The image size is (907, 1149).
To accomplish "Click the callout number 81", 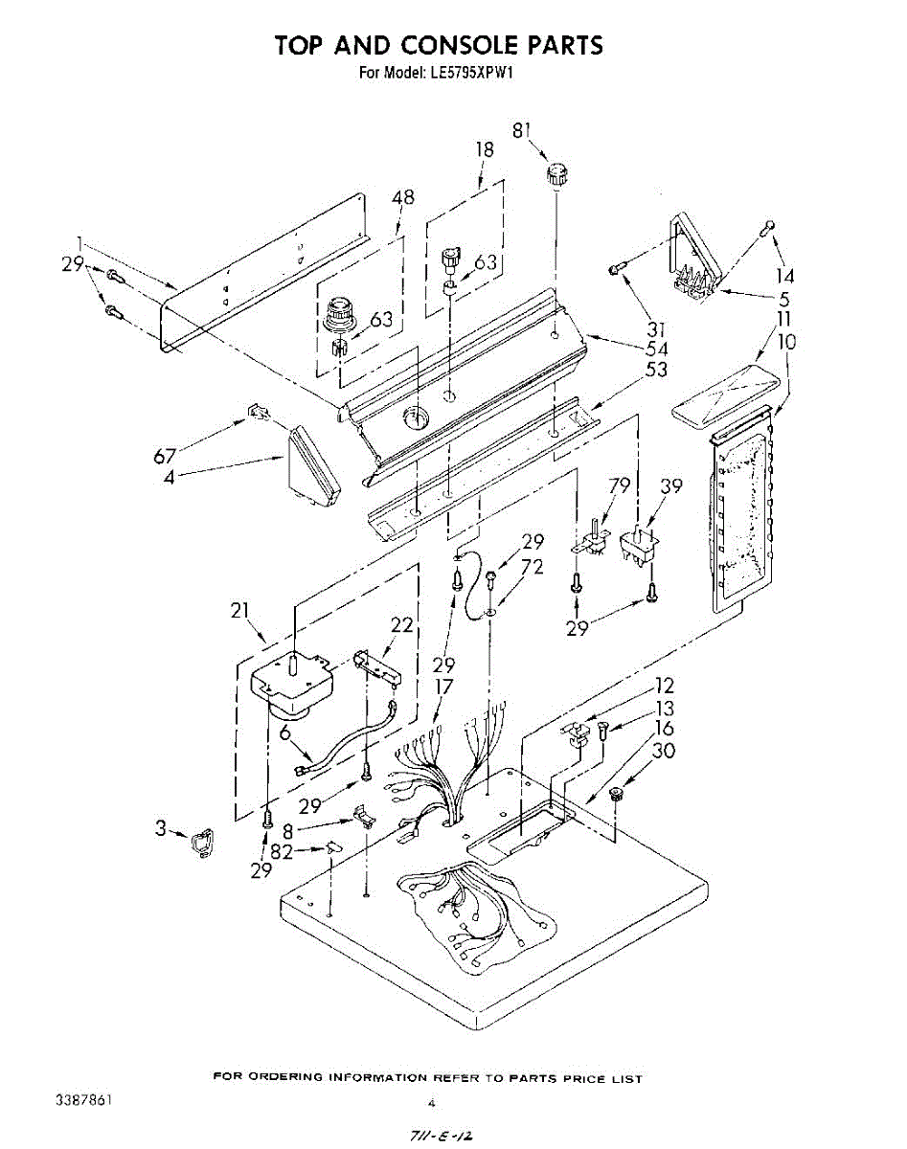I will point(522,131).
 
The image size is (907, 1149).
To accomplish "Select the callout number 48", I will point(402,197).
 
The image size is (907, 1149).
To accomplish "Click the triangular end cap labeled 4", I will point(312,463).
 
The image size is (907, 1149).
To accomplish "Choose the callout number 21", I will point(240,610).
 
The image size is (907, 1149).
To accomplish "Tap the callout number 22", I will point(402,625).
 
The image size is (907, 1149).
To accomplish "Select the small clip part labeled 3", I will point(202,844).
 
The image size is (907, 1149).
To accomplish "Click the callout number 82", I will point(281,851).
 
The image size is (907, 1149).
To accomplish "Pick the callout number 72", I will point(532,567).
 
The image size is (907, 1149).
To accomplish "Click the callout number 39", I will point(670,485).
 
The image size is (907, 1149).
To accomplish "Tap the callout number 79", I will point(621,485).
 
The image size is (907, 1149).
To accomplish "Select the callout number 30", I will point(664,751).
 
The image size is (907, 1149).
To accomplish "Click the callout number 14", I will point(785,276).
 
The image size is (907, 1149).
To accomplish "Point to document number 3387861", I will point(84,1100).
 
